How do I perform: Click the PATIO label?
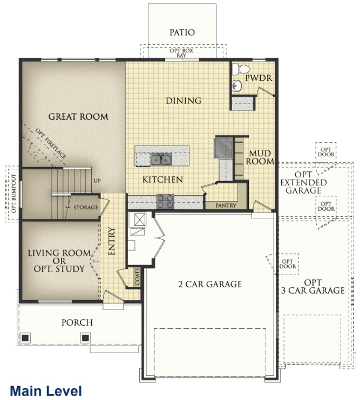(182, 32)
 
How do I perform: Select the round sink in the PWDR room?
(237, 86)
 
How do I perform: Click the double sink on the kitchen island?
(161, 160)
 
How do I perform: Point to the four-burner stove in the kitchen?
(165, 201)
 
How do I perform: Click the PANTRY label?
(226, 205)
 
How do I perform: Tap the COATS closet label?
(138, 277)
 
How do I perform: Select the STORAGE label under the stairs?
(85, 208)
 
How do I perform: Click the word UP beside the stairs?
(97, 181)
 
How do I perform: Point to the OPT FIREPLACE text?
(51, 143)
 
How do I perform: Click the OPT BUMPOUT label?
(14, 194)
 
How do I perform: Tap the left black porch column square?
(25, 338)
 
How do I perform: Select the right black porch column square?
(85, 338)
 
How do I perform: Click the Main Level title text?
(46, 391)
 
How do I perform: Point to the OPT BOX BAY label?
(181, 53)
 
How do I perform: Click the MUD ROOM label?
(260, 157)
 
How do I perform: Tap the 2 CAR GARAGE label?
(210, 284)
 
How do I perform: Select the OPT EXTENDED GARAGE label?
(303, 182)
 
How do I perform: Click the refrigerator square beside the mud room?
(223, 148)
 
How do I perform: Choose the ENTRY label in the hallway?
(112, 242)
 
